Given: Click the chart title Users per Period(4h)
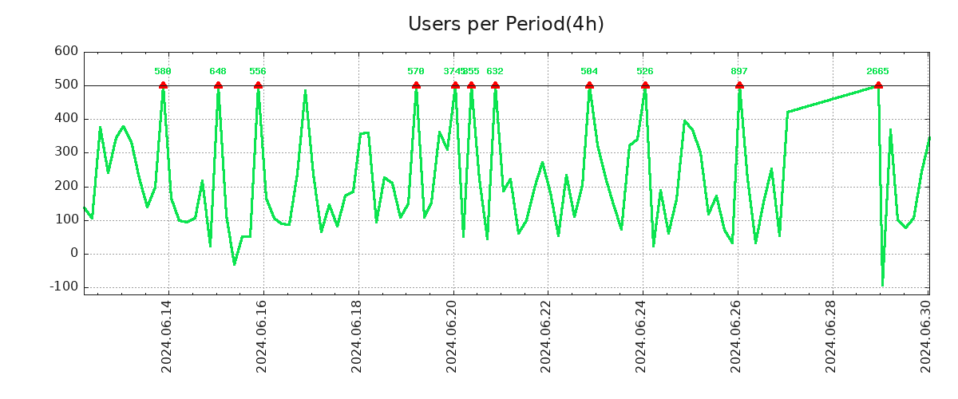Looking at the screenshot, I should coord(505,25).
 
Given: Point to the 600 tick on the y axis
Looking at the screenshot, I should coord(65,51).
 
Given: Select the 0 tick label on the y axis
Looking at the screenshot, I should coord(73,253).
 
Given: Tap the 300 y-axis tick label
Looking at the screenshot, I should coord(65,152).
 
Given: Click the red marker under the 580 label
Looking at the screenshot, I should coord(163,85).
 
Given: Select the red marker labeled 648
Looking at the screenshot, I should coord(218,85).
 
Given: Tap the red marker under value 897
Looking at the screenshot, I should coord(739,85).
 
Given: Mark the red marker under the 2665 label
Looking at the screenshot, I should coord(878,85).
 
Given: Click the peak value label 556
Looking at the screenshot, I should coord(258,71).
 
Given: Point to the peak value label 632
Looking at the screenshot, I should coord(495,71).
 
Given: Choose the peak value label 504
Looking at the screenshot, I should coord(589,71).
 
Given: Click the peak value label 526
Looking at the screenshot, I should coord(645,71).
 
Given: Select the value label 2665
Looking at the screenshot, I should coord(877,71).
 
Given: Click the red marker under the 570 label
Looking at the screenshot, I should coord(416,85).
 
